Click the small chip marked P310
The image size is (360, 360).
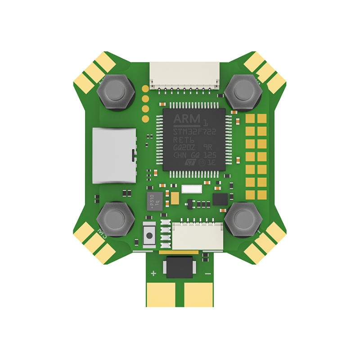[x=152, y=200]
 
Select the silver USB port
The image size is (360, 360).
[x=113, y=155]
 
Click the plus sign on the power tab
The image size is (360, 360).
[x=153, y=273]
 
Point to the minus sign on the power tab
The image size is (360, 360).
[x=207, y=273]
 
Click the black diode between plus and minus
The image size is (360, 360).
[x=180, y=266]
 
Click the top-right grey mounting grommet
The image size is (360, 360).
[x=243, y=92]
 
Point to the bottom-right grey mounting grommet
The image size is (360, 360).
[x=243, y=219]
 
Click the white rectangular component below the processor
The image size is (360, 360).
[x=191, y=190]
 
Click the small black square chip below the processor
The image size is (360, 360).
[x=220, y=199]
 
